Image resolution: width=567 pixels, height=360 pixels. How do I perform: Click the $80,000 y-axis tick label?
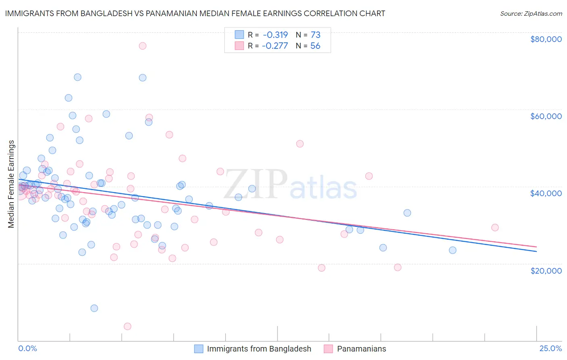coord(546,39)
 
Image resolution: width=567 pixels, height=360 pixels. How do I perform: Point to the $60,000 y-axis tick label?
coord(546,116)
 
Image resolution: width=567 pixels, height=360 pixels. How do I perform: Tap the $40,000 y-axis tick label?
coord(546,193)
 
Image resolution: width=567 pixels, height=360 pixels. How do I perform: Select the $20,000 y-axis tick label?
coord(546,270)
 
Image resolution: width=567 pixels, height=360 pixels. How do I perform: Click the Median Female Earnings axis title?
coord(11,184)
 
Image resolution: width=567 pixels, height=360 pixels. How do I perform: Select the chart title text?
coord(195,13)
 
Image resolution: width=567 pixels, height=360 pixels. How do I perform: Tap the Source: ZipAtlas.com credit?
coord(531,13)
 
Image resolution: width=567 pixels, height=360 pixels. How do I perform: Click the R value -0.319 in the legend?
coord(275,35)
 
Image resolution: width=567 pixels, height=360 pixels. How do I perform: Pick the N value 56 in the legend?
coord(315,46)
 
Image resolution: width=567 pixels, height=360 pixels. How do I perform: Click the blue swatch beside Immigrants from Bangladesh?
coord(199,349)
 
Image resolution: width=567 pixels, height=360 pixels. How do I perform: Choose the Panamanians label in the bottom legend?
coord(361,349)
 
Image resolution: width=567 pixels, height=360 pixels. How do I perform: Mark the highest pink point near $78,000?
coord(142,46)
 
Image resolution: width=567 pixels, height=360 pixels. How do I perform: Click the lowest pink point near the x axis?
coord(127,326)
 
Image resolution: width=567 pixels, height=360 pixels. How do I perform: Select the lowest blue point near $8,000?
coord(94,308)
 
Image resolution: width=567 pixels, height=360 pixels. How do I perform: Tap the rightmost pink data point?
coord(495,227)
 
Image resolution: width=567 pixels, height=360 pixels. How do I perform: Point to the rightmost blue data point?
coord(452,250)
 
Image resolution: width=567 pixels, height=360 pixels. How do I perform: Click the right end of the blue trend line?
coord(536,251)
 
